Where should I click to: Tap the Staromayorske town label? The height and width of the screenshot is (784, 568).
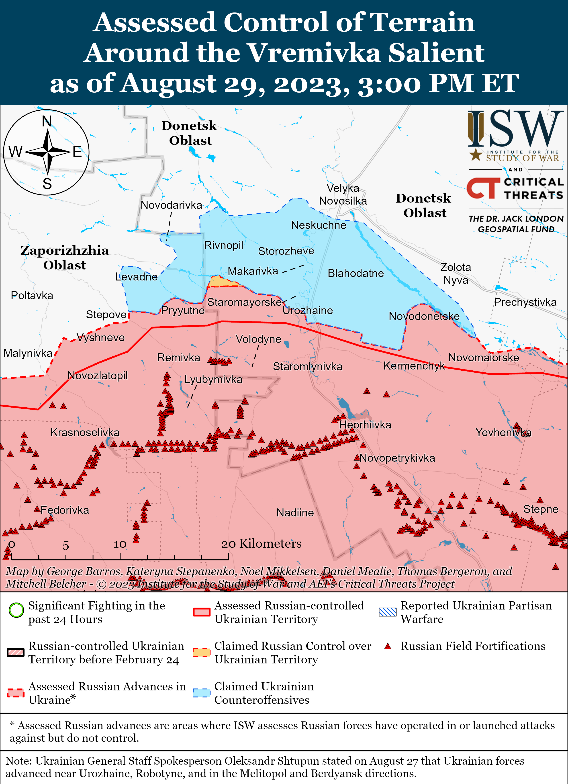(x=244, y=302)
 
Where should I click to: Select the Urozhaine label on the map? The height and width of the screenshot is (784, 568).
(x=308, y=311)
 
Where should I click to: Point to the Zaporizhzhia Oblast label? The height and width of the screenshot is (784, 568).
(x=65, y=258)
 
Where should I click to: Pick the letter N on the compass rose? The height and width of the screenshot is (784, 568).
(x=47, y=121)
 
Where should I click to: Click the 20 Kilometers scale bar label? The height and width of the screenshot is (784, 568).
(x=261, y=544)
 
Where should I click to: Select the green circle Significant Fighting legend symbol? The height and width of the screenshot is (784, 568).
(x=16, y=610)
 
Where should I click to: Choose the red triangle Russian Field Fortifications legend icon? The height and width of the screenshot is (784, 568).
(x=388, y=646)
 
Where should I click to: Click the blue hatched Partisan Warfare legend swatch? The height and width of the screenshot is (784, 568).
(x=387, y=612)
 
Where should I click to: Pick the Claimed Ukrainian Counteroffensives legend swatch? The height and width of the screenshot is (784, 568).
(x=201, y=693)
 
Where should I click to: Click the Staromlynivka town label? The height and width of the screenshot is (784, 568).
(x=308, y=366)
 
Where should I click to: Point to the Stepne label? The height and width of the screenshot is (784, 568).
(x=541, y=509)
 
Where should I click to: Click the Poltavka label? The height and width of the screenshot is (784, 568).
(x=32, y=296)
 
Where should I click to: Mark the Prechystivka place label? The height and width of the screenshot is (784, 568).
(x=525, y=302)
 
